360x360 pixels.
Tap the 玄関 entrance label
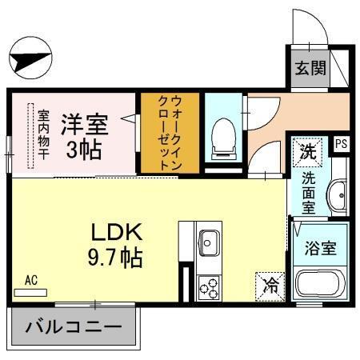[309, 68]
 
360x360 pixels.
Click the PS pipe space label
[342, 145]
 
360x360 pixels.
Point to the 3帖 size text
[83, 150]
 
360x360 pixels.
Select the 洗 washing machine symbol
[308, 149]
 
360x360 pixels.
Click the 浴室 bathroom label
[319, 248]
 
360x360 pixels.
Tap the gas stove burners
[210, 286]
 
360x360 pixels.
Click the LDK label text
[115, 233]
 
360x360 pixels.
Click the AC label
[31, 280]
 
